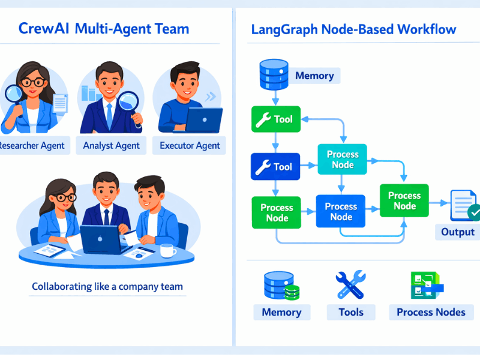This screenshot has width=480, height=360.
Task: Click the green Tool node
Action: (274, 119)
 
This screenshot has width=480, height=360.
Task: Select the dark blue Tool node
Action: (274, 167)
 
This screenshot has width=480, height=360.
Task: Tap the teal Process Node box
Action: (343, 159)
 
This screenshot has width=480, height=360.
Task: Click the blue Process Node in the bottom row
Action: (341, 211)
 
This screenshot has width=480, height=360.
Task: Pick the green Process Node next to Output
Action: (404, 200)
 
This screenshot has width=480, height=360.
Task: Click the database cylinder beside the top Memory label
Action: (273, 74)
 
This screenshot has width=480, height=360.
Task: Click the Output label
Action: (458, 232)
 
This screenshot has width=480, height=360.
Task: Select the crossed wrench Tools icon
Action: (351, 285)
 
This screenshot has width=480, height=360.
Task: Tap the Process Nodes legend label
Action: (431, 312)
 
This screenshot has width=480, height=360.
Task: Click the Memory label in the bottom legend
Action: (281, 312)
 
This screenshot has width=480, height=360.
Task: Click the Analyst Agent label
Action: (112, 145)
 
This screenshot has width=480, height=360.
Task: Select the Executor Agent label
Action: (190, 145)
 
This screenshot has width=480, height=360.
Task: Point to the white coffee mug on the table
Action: (167, 250)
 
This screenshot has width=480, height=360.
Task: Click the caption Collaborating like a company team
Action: (107, 287)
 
